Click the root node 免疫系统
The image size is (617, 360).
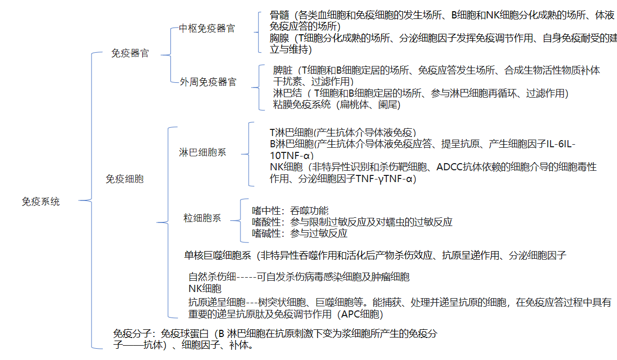coord(41,202)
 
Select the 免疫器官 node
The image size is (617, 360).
coord(130,53)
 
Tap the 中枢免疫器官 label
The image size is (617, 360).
coord(207,28)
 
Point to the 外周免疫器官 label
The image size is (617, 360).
coord(208,82)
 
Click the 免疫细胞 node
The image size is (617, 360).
coord(125,179)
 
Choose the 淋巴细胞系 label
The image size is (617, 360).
coord(203,152)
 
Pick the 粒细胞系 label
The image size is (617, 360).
coord(202,218)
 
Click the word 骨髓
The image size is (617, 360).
coord(279,15)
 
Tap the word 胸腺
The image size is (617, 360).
coord(279,38)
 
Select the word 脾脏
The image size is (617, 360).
coord(282,70)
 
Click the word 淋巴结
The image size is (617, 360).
coord(288,93)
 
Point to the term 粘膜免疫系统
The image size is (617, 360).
coord(302,105)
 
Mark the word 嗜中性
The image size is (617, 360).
coord(266,211)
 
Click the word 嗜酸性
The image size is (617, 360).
coord(266,222)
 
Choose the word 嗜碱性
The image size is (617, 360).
coord(266,233)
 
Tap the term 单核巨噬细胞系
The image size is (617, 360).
coord(217,255)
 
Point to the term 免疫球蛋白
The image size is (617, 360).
coord(184,333)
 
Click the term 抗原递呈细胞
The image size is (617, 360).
coord(217,303)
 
